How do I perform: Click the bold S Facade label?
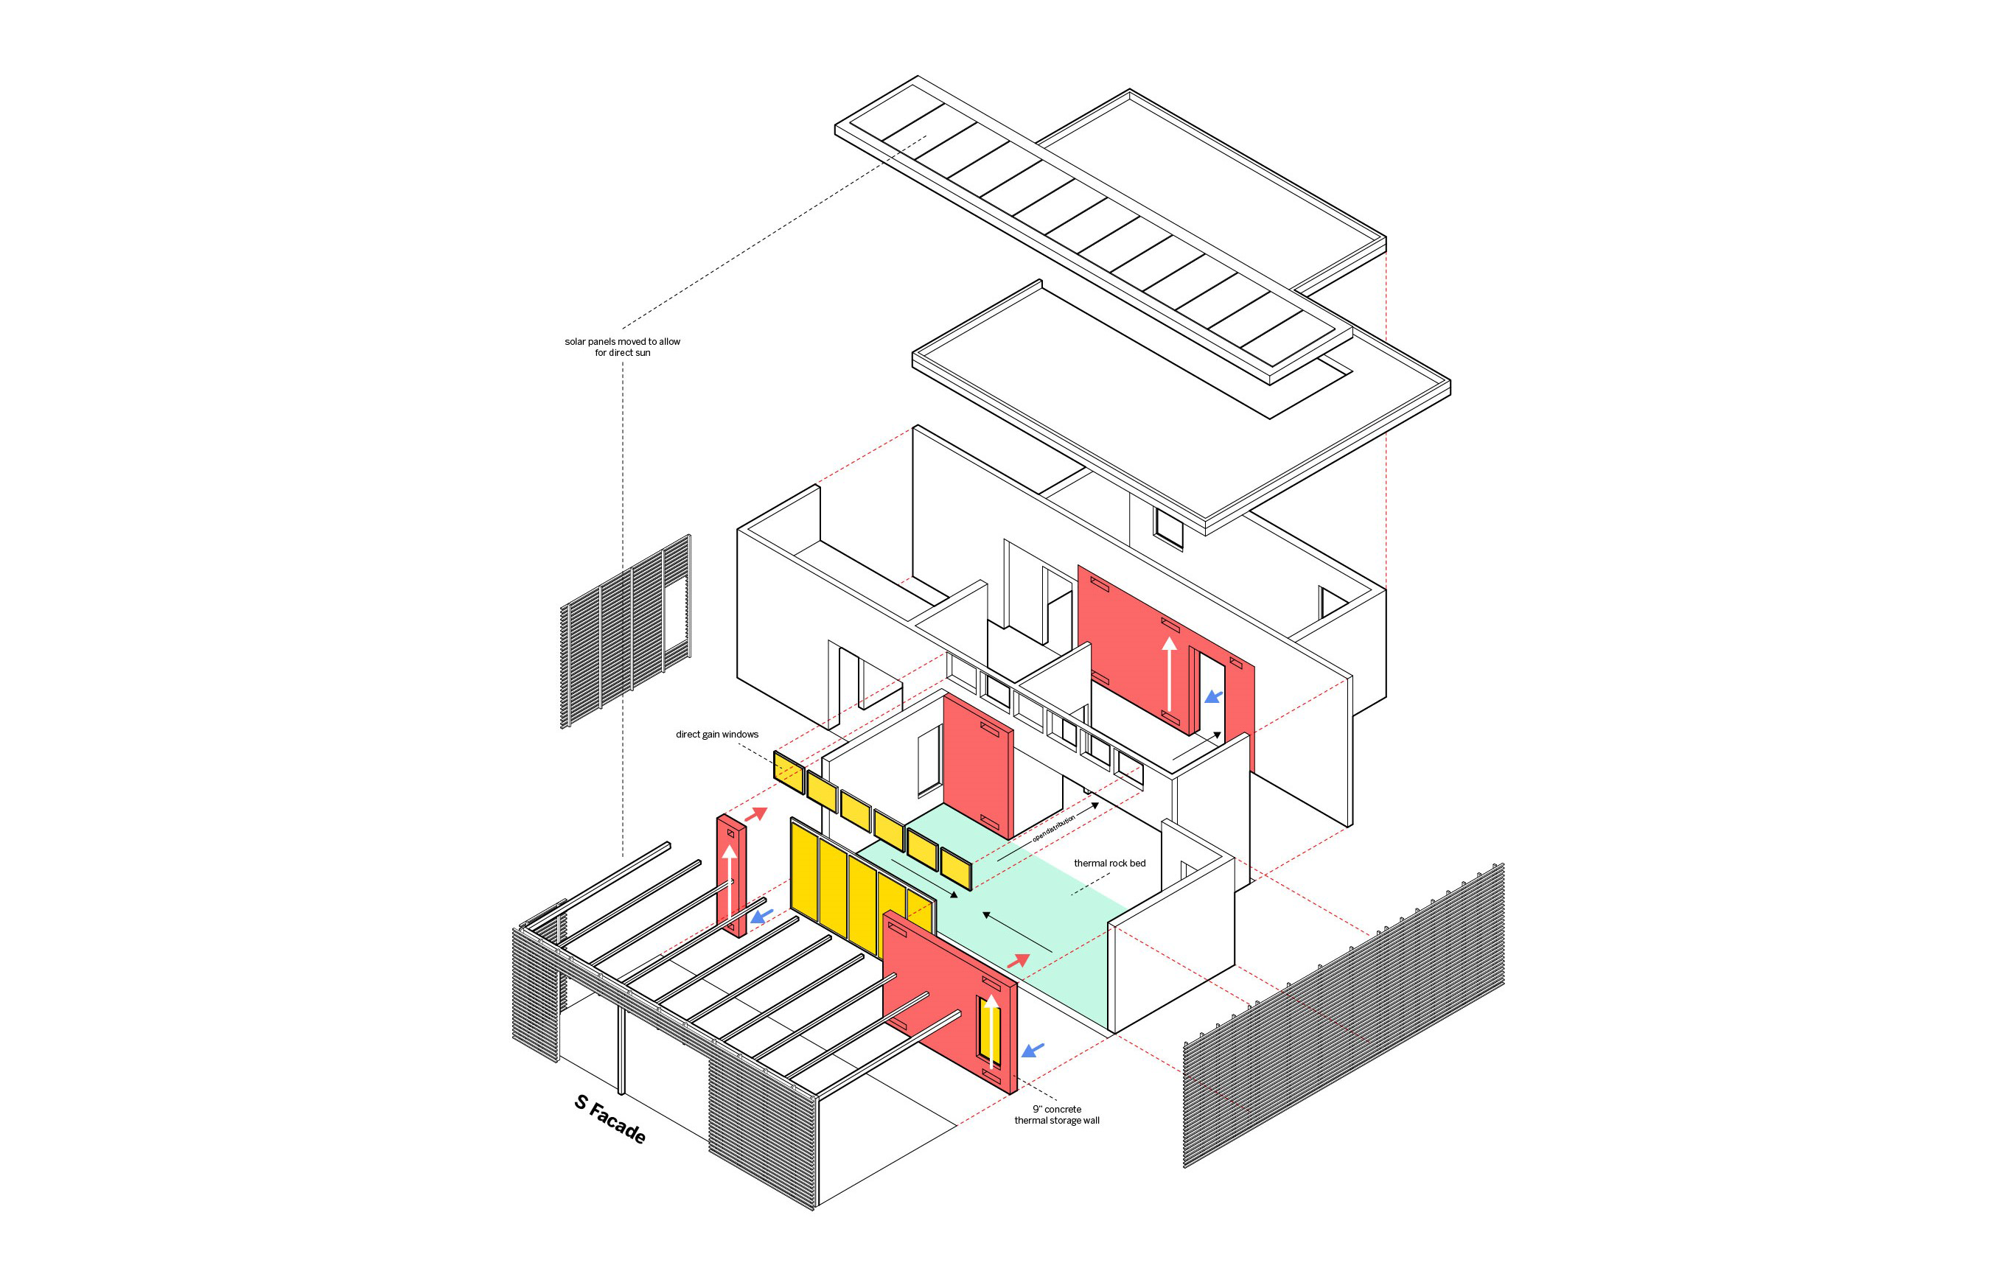click(x=610, y=1118)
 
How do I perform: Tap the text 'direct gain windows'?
click(x=716, y=734)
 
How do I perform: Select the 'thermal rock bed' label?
click(x=1109, y=863)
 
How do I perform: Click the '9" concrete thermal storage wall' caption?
click(x=1057, y=1115)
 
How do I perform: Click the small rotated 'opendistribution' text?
click(x=1054, y=828)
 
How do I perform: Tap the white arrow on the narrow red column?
click(x=730, y=883)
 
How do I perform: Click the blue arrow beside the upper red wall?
click(x=1213, y=696)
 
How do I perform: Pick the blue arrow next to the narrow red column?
click(x=761, y=916)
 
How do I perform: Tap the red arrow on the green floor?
click(x=1018, y=961)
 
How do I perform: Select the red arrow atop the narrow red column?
click(x=755, y=814)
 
